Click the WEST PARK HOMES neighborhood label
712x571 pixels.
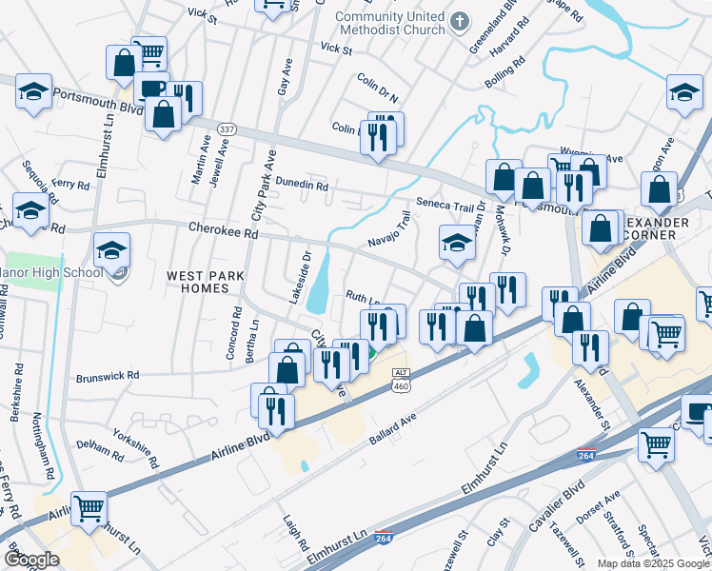(206, 282)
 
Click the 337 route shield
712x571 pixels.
(227, 128)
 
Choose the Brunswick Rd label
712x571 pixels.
(108, 374)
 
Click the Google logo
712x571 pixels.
(31, 560)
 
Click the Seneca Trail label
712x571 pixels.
(444, 203)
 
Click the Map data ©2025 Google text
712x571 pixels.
(652, 563)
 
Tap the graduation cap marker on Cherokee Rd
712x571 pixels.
(112, 251)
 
